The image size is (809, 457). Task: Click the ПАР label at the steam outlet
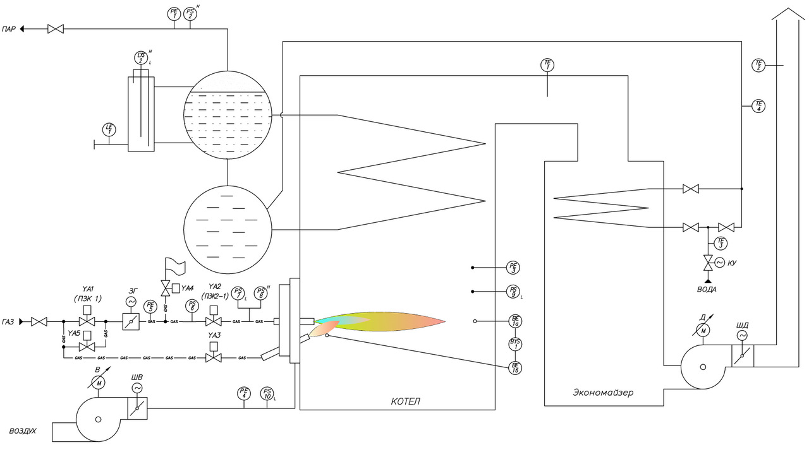coord(9,29)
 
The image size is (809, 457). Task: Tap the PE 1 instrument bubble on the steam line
coord(174,14)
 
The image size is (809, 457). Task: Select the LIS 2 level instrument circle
coord(141,58)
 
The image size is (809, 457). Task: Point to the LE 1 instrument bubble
coord(109,130)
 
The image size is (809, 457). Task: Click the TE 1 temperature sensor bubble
coord(547,65)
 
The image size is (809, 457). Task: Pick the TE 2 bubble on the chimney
coord(759,64)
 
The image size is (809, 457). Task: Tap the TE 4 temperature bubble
coord(759,106)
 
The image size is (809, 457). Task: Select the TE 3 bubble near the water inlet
coord(721,243)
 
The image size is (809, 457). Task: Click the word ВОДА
coord(707,289)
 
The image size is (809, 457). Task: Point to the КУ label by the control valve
coord(734,262)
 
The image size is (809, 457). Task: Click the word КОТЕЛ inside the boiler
coord(405,401)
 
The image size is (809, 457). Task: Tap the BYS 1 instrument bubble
coord(515,344)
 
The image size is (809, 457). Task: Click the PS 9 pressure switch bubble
coord(514,292)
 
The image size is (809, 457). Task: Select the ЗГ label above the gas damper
coord(133,291)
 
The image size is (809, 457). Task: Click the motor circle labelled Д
coord(702,329)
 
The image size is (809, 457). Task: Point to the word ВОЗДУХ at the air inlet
coord(23,431)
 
